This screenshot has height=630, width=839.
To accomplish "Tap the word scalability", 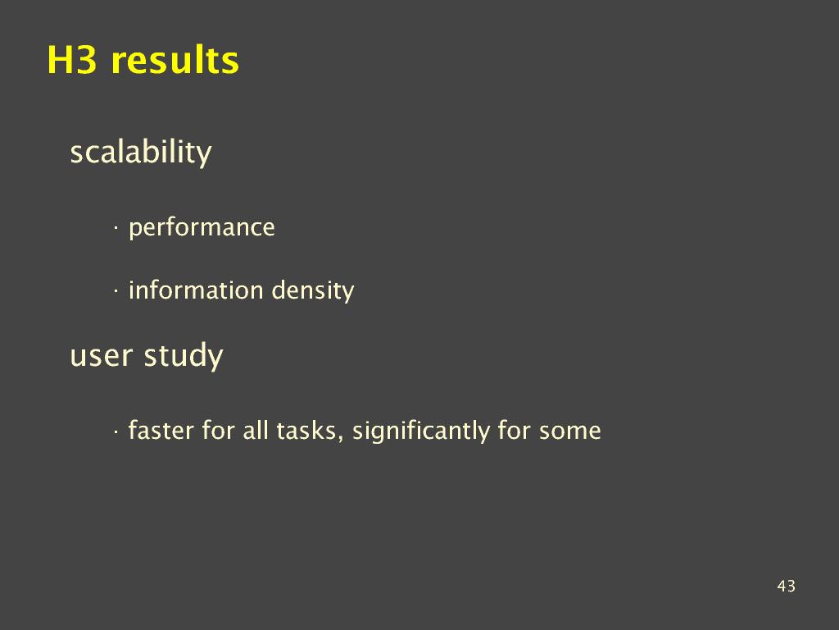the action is coord(141,153).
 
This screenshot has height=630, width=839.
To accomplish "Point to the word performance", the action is coord(202,228).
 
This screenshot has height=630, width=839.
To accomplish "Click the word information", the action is coord(197,290).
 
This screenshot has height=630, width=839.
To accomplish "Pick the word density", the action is coord(313,291).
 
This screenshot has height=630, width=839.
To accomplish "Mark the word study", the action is coord(184,356).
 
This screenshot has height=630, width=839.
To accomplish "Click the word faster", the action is coord(161,430).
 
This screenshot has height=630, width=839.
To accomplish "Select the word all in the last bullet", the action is coord(256,430).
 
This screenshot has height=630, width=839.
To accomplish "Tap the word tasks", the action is coord(306,431).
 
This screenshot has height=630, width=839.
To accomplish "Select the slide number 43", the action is coord(786,586).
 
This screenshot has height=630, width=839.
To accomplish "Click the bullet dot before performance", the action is coord(115,229).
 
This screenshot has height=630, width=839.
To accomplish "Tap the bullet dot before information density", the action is coord(115,292).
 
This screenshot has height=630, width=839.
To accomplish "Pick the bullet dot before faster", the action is coord(115,431).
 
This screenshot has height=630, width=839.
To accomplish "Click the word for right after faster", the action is coord(218,430).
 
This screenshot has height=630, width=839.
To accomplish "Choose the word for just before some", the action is coord(515,430).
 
